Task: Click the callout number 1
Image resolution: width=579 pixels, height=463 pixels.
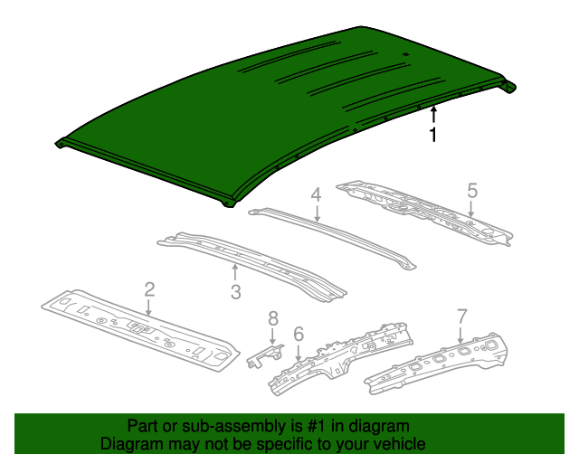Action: (x=433, y=136)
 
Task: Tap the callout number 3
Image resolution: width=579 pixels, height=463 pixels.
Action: (x=235, y=291)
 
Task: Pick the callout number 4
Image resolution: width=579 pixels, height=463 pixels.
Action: (x=316, y=194)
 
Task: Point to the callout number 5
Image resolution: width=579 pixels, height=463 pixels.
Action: (x=471, y=190)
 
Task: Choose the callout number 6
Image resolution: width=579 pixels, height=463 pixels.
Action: (x=298, y=335)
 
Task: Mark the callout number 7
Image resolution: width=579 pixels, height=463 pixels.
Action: (x=461, y=317)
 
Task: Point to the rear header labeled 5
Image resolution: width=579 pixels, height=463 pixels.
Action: (x=425, y=213)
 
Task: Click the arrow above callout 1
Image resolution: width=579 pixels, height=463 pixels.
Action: (x=433, y=114)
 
